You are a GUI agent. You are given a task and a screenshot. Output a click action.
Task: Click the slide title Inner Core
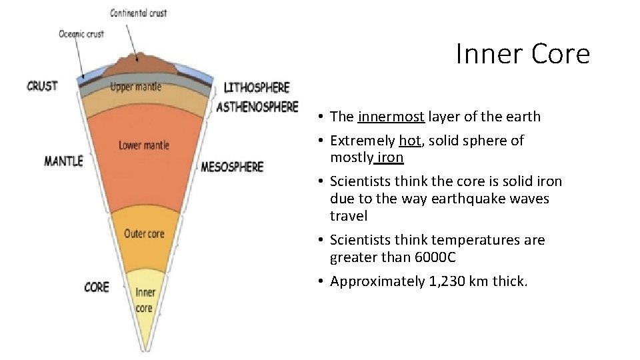pos(523,54)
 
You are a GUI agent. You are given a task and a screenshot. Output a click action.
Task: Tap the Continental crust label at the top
pos(139,13)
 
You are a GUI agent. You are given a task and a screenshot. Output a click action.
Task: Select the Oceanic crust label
pos(81,34)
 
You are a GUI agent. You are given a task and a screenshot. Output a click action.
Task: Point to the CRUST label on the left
pos(42,86)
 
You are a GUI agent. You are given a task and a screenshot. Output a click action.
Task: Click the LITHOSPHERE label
pos(257,87)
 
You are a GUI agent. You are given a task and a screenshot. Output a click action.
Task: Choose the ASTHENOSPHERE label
pos(257,107)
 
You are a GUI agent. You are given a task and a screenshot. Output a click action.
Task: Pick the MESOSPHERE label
pos(232,167)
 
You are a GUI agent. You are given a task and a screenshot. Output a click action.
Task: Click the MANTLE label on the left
pos(63,161)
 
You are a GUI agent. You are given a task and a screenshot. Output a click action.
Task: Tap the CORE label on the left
pos(97,287)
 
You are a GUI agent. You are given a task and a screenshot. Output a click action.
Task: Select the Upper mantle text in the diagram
pos(135,87)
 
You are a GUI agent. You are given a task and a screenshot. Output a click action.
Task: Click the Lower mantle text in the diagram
pos(143,145)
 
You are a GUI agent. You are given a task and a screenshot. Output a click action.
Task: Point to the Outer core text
pos(143,233)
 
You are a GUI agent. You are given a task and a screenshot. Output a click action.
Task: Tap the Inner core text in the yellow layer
pos(145,300)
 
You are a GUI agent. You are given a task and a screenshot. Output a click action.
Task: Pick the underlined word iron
pos(390,157)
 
